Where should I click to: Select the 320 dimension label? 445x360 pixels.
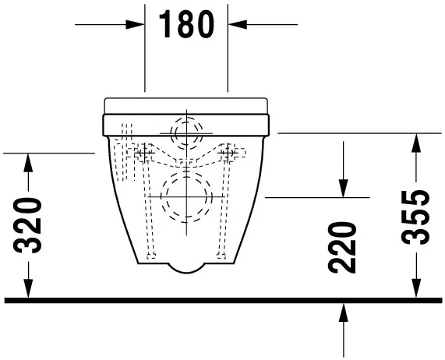29,227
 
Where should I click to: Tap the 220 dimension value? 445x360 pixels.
343,247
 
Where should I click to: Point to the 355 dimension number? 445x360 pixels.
419,217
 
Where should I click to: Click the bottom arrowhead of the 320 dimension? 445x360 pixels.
29,290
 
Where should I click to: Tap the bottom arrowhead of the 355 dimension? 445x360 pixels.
419,290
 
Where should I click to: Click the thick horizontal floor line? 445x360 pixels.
222,299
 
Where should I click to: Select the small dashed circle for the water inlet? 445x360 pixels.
186,132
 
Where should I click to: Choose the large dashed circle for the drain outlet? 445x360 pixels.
186,196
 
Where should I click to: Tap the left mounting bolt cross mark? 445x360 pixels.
143,153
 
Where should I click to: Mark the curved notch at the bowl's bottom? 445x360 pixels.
186,266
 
